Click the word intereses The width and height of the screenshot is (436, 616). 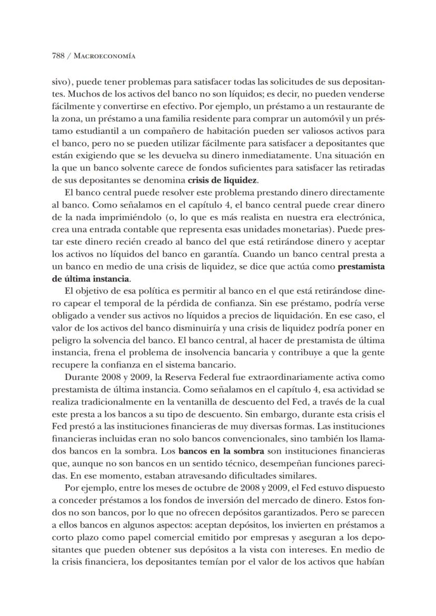[x=309, y=551]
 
